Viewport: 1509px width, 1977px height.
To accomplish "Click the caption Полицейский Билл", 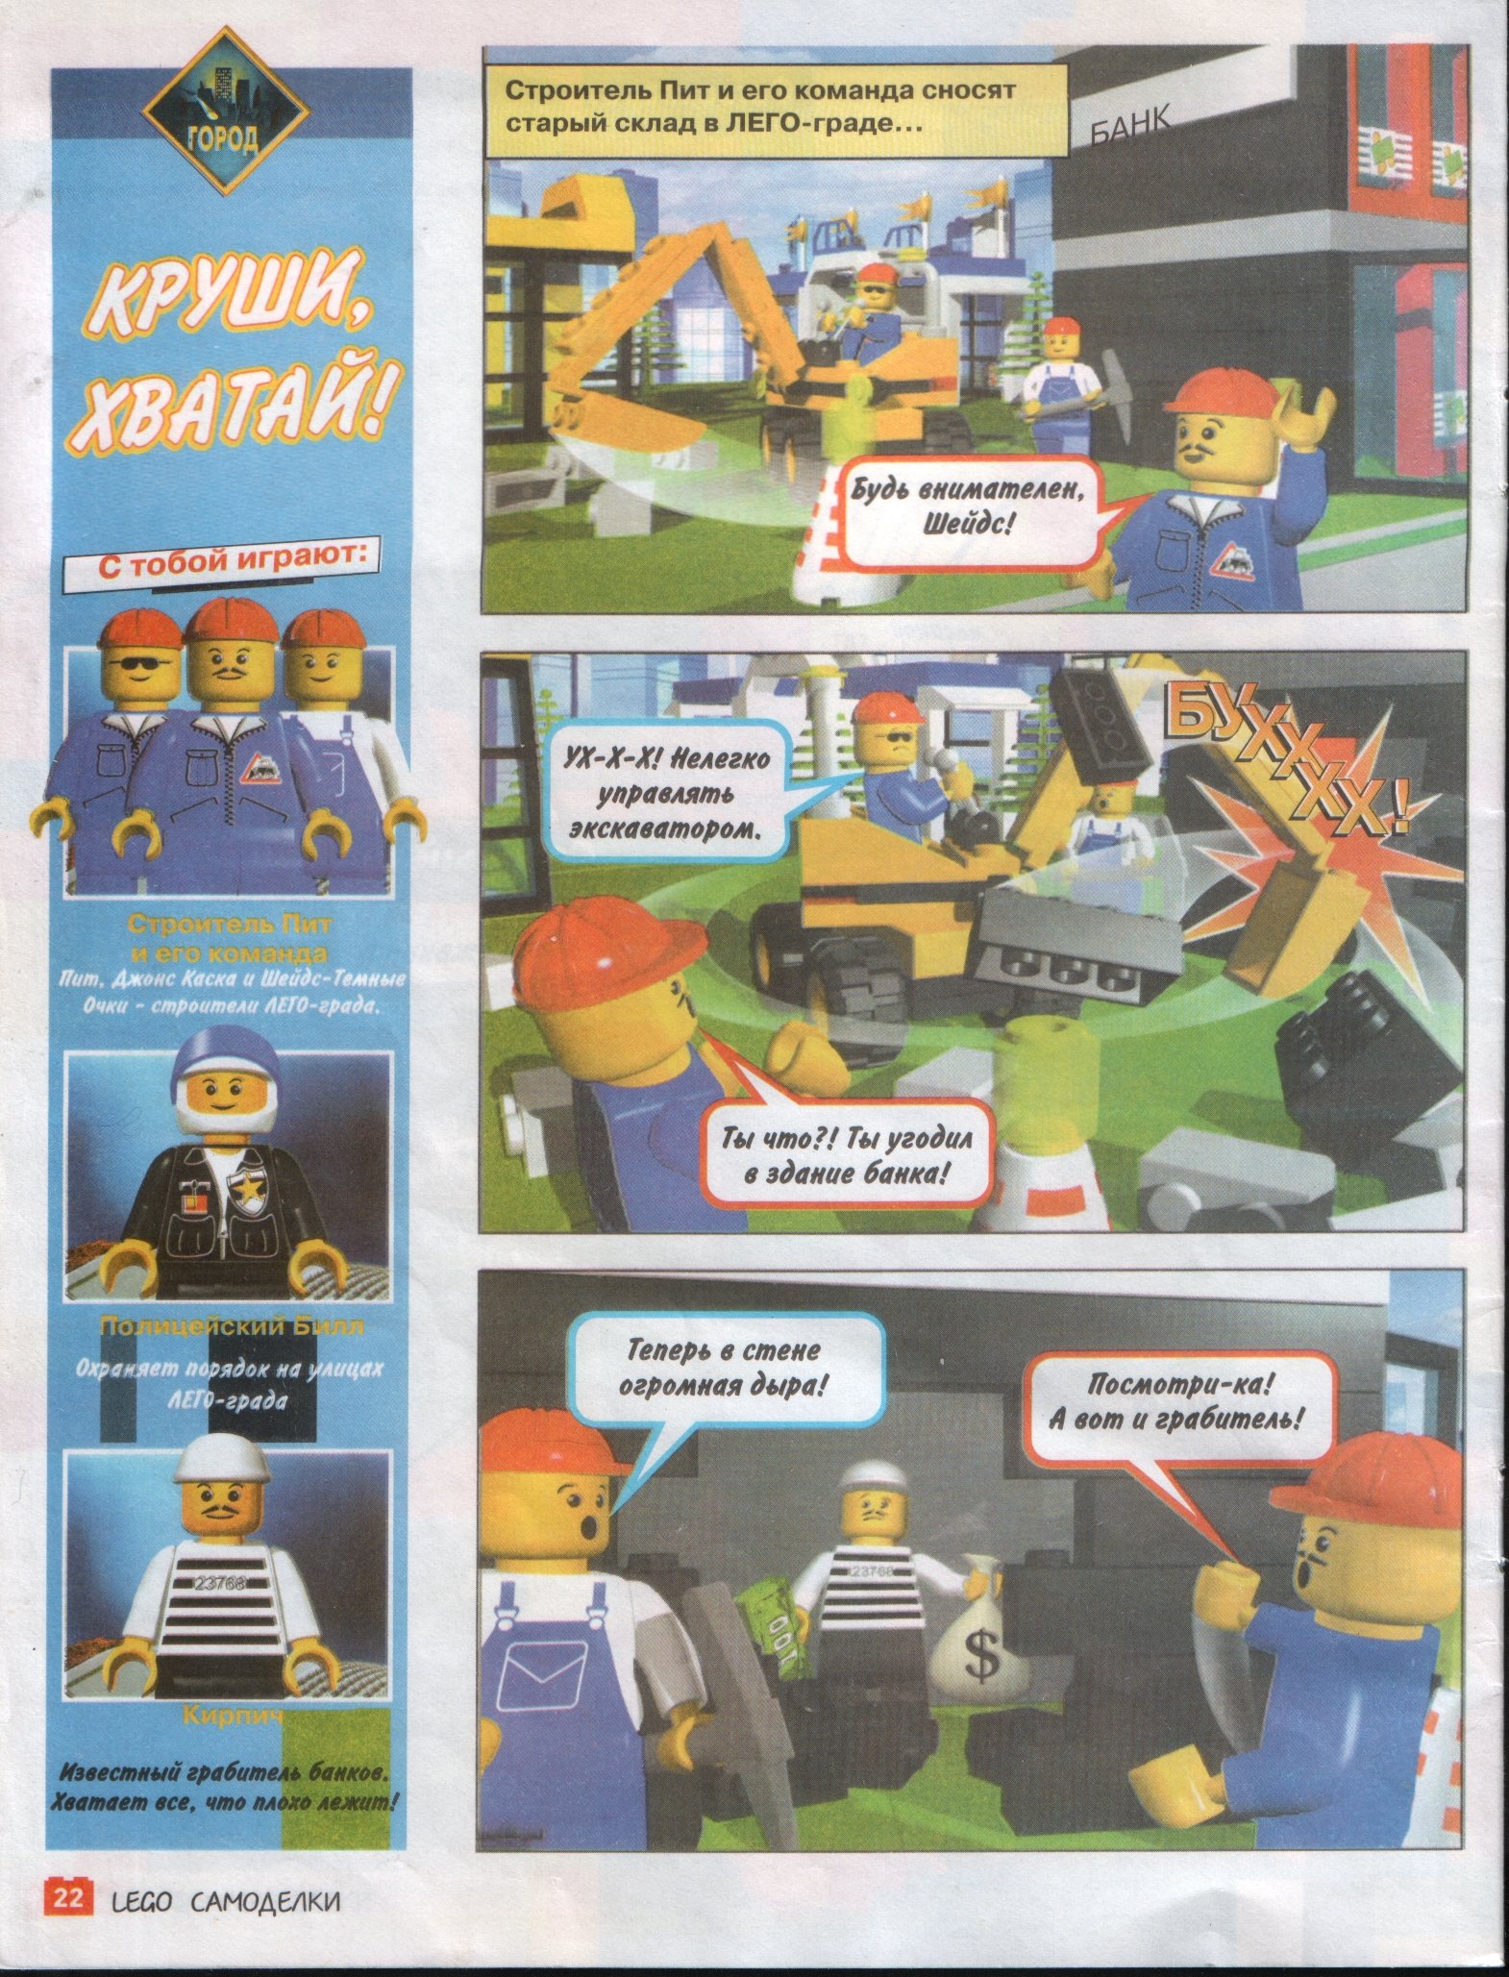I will [x=231, y=1328].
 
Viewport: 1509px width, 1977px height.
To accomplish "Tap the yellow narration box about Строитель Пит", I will [x=775, y=108].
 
